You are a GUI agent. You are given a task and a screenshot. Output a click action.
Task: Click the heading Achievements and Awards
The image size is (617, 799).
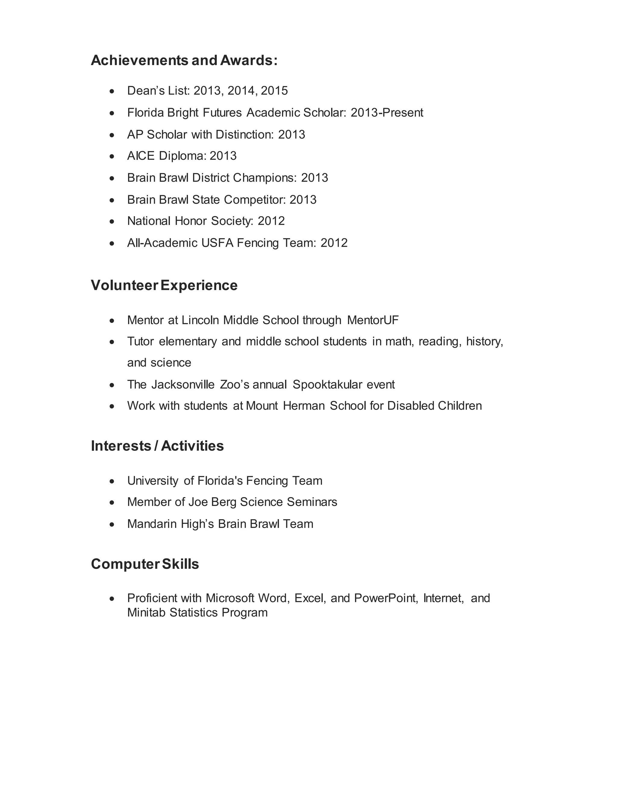(x=184, y=60)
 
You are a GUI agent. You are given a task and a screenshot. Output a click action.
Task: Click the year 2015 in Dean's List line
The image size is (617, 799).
(x=274, y=91)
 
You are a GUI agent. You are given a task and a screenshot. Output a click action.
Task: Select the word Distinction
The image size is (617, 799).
(x=244, y=135)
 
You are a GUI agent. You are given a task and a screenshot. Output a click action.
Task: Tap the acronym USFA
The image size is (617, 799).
(x=217, y=243)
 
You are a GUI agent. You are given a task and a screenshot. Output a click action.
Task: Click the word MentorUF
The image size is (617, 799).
(x=373, y=320)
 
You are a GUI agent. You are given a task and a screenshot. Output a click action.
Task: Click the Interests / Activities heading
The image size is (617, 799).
(x=157, y=446)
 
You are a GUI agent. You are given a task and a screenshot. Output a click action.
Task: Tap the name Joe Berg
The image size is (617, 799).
(x=212, y=502)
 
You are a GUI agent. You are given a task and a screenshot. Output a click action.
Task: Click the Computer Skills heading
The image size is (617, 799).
(x=145, y=564)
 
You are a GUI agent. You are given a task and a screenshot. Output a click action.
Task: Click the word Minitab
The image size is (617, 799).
(x=146, y=613)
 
